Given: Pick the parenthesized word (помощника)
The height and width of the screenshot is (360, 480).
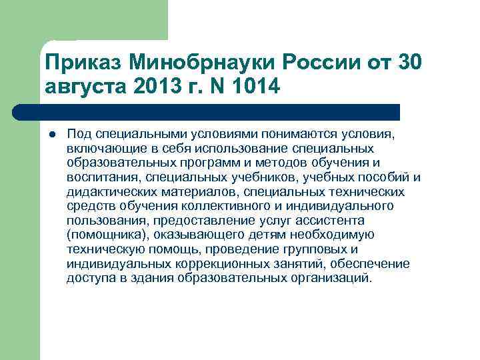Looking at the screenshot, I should pos(107,235).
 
